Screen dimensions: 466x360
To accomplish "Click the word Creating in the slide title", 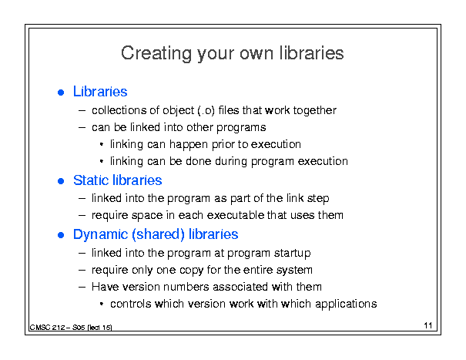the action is (156, 53).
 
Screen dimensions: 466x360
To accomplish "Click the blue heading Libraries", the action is (100, 91).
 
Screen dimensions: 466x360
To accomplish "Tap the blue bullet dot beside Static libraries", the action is (61, 181).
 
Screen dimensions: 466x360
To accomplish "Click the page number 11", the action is (428, 325).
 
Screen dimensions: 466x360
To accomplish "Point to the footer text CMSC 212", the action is (47, 328).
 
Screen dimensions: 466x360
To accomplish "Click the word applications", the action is (346, 304).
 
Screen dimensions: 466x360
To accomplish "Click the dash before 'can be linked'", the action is (82, 128).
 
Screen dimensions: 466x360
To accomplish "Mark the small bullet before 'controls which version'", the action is (102, 304).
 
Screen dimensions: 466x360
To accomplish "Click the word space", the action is (147, 216).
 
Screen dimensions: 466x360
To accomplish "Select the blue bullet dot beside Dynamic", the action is (61, 235).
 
